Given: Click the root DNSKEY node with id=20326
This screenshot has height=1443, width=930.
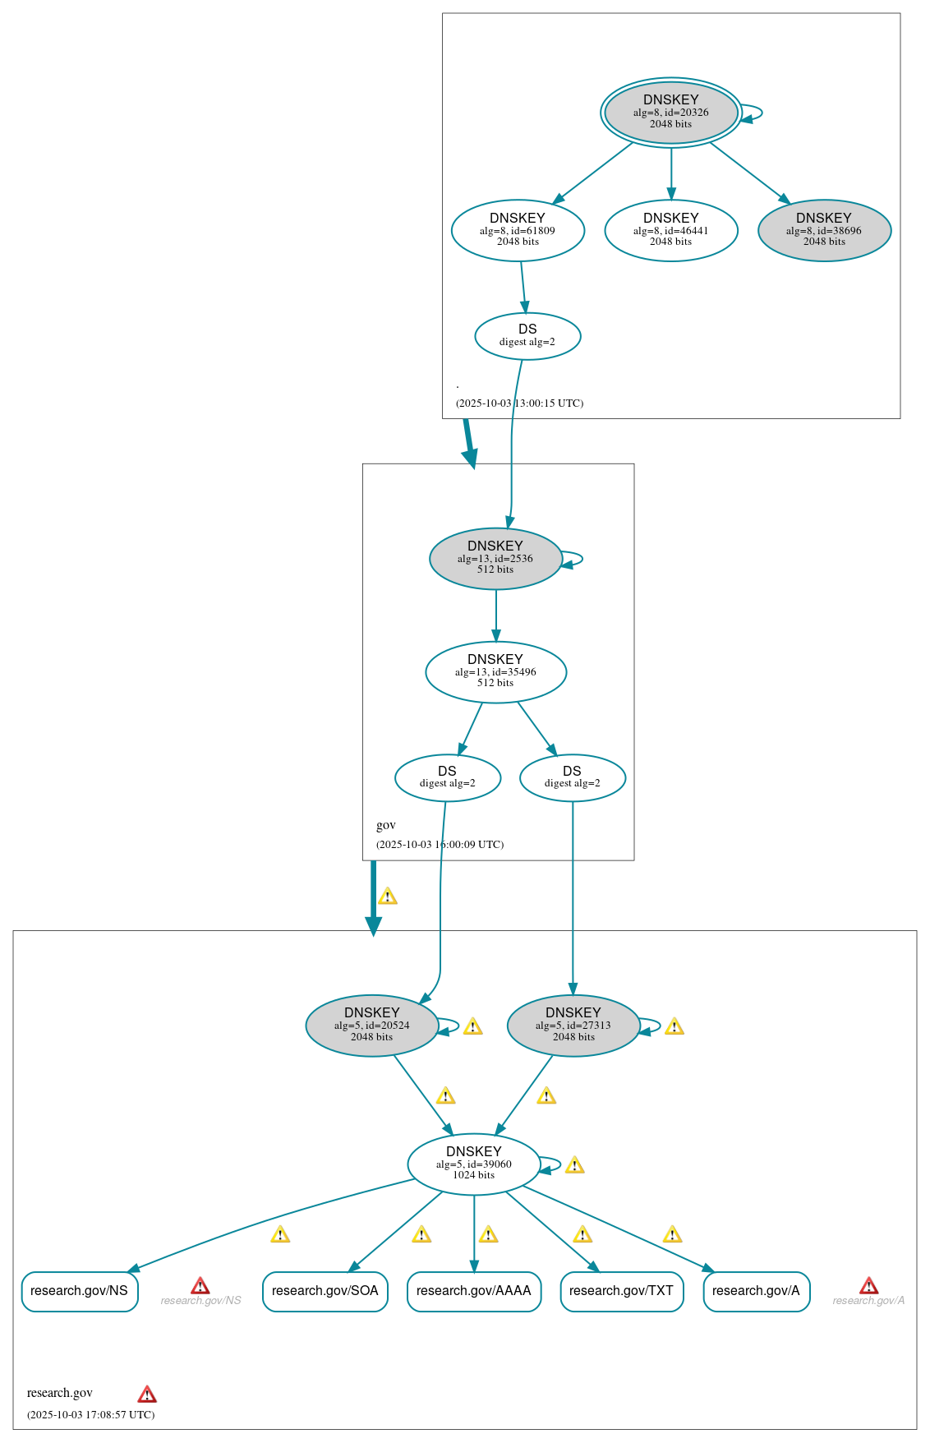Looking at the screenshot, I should (x=670, y=113).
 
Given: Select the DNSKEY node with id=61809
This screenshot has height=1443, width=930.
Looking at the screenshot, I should (x=518, y=230).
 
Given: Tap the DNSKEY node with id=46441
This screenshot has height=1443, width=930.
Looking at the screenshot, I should (x=670, y=230).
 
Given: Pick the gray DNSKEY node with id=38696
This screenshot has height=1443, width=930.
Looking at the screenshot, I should (x=824, y=230).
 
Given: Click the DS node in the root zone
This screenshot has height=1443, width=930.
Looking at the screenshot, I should (x=527, y=335).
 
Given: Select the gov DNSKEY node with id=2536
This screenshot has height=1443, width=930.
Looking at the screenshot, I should (x=495, y=558).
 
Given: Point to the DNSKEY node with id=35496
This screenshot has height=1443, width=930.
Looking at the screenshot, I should (x=495, y=671).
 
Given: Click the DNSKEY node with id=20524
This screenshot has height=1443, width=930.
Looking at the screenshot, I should (x=371, y=1025).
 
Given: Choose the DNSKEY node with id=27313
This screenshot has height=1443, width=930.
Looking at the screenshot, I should (x=573, y=1025).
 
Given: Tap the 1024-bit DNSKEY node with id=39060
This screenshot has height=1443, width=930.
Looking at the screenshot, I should (x=473, y=1164).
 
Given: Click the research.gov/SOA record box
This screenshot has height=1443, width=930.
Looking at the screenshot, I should (x=325, y=1291).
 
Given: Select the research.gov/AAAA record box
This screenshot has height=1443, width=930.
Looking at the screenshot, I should (x=473, y=1291).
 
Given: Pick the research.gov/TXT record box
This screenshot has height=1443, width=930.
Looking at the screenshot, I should (x=621, y=1291).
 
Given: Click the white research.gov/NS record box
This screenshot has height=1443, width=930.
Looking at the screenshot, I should (x=79, y=1291).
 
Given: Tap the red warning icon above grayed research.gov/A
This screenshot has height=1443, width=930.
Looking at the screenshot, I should (x=868, y=1285).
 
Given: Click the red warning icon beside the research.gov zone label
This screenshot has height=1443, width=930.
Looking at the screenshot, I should (x=147, y=1394).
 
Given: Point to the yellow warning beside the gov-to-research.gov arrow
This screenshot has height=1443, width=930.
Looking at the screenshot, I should (x=388, y=896).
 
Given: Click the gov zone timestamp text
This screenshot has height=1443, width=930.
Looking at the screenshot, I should (x=440, y=844).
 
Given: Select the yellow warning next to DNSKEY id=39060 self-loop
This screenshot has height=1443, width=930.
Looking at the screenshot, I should (x=574, y=1164).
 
